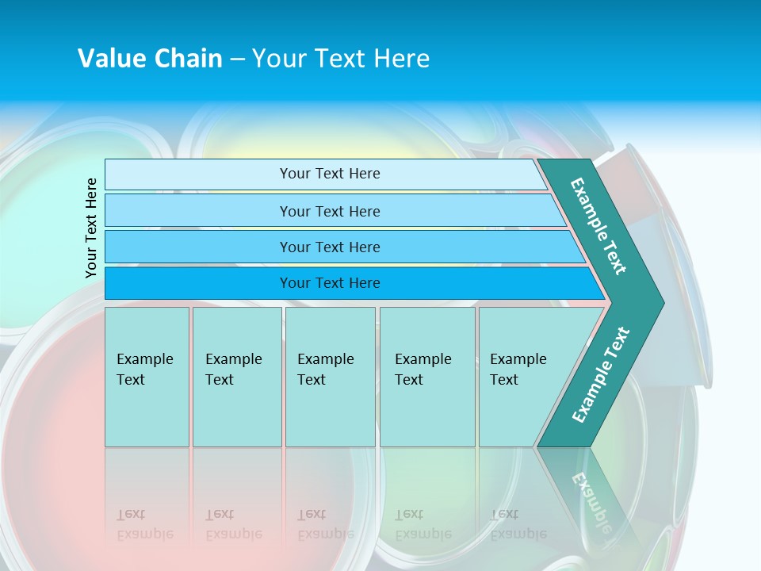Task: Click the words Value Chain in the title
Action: pyautogui.click(x=150, y=59)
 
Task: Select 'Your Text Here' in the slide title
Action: pyautogui.click(x=341, y=59)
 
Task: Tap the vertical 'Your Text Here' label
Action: pyautogui.click(x=91, y=228)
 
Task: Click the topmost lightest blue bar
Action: pyautogui.click(x=329, y=174)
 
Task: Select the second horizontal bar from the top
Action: pyautogui.click(x=329, y=211)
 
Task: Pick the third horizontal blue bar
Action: pyautogui.click(x=329, y=247)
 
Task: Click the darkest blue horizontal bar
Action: pyautogui.click(x=329, y=283)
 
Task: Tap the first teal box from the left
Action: pyautogui.click(x=147, y=377)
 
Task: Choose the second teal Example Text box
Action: pyautogui.click(x=236, y=377)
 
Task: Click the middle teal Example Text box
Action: pyautogui.click(x=330, y=377)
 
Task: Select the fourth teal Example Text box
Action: pyautogui.click(x=426, y=377)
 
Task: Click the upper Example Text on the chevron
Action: pyautogui.click(x=598, y=227)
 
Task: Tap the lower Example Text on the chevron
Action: pyautogui.click(x=601, y=374)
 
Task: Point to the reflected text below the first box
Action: pyautogui.click(x=144, y=524)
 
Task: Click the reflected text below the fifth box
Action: pyautogui.click(x=518, y=524)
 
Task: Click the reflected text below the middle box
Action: pyautogui.click(x=325, y=524)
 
